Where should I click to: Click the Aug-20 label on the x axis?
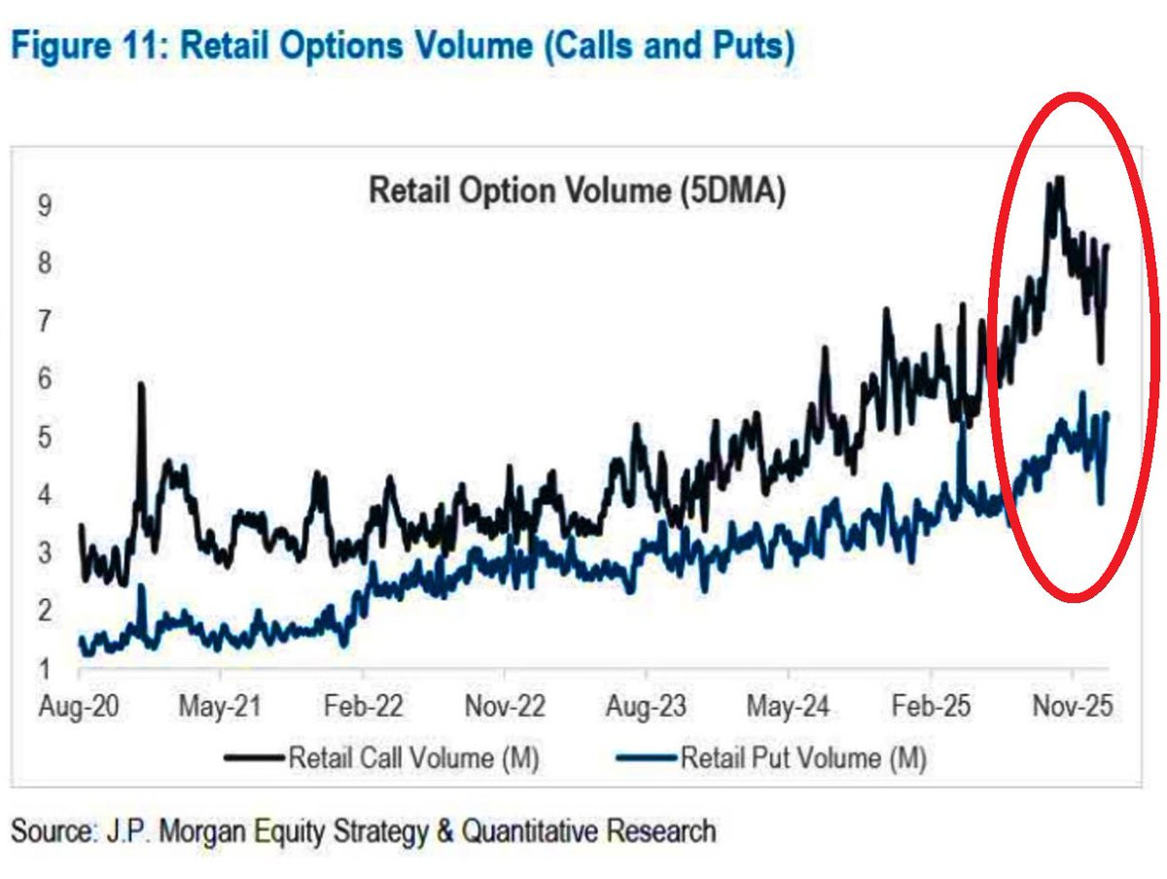click(x=78, y=707)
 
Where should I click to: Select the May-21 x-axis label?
click(x=220, y=707)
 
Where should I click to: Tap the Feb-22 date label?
click(x=363, y=707)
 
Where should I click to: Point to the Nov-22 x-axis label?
click(x=505, y=707)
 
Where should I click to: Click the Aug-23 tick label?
click(x=647, y=707)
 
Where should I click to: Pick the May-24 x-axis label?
click(x=789, y=707)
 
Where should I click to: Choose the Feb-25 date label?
click(x=931, y=707)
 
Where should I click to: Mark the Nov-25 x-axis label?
click(x=1073, y=707)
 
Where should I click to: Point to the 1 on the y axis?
click(x=44, y=669)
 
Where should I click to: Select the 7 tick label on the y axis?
click(x=44, y=322)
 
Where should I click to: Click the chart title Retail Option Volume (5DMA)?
click(x=577, y=192)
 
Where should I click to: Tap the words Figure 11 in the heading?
click(x=85, y=46)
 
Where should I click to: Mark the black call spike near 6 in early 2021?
click(x=142, y=386)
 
